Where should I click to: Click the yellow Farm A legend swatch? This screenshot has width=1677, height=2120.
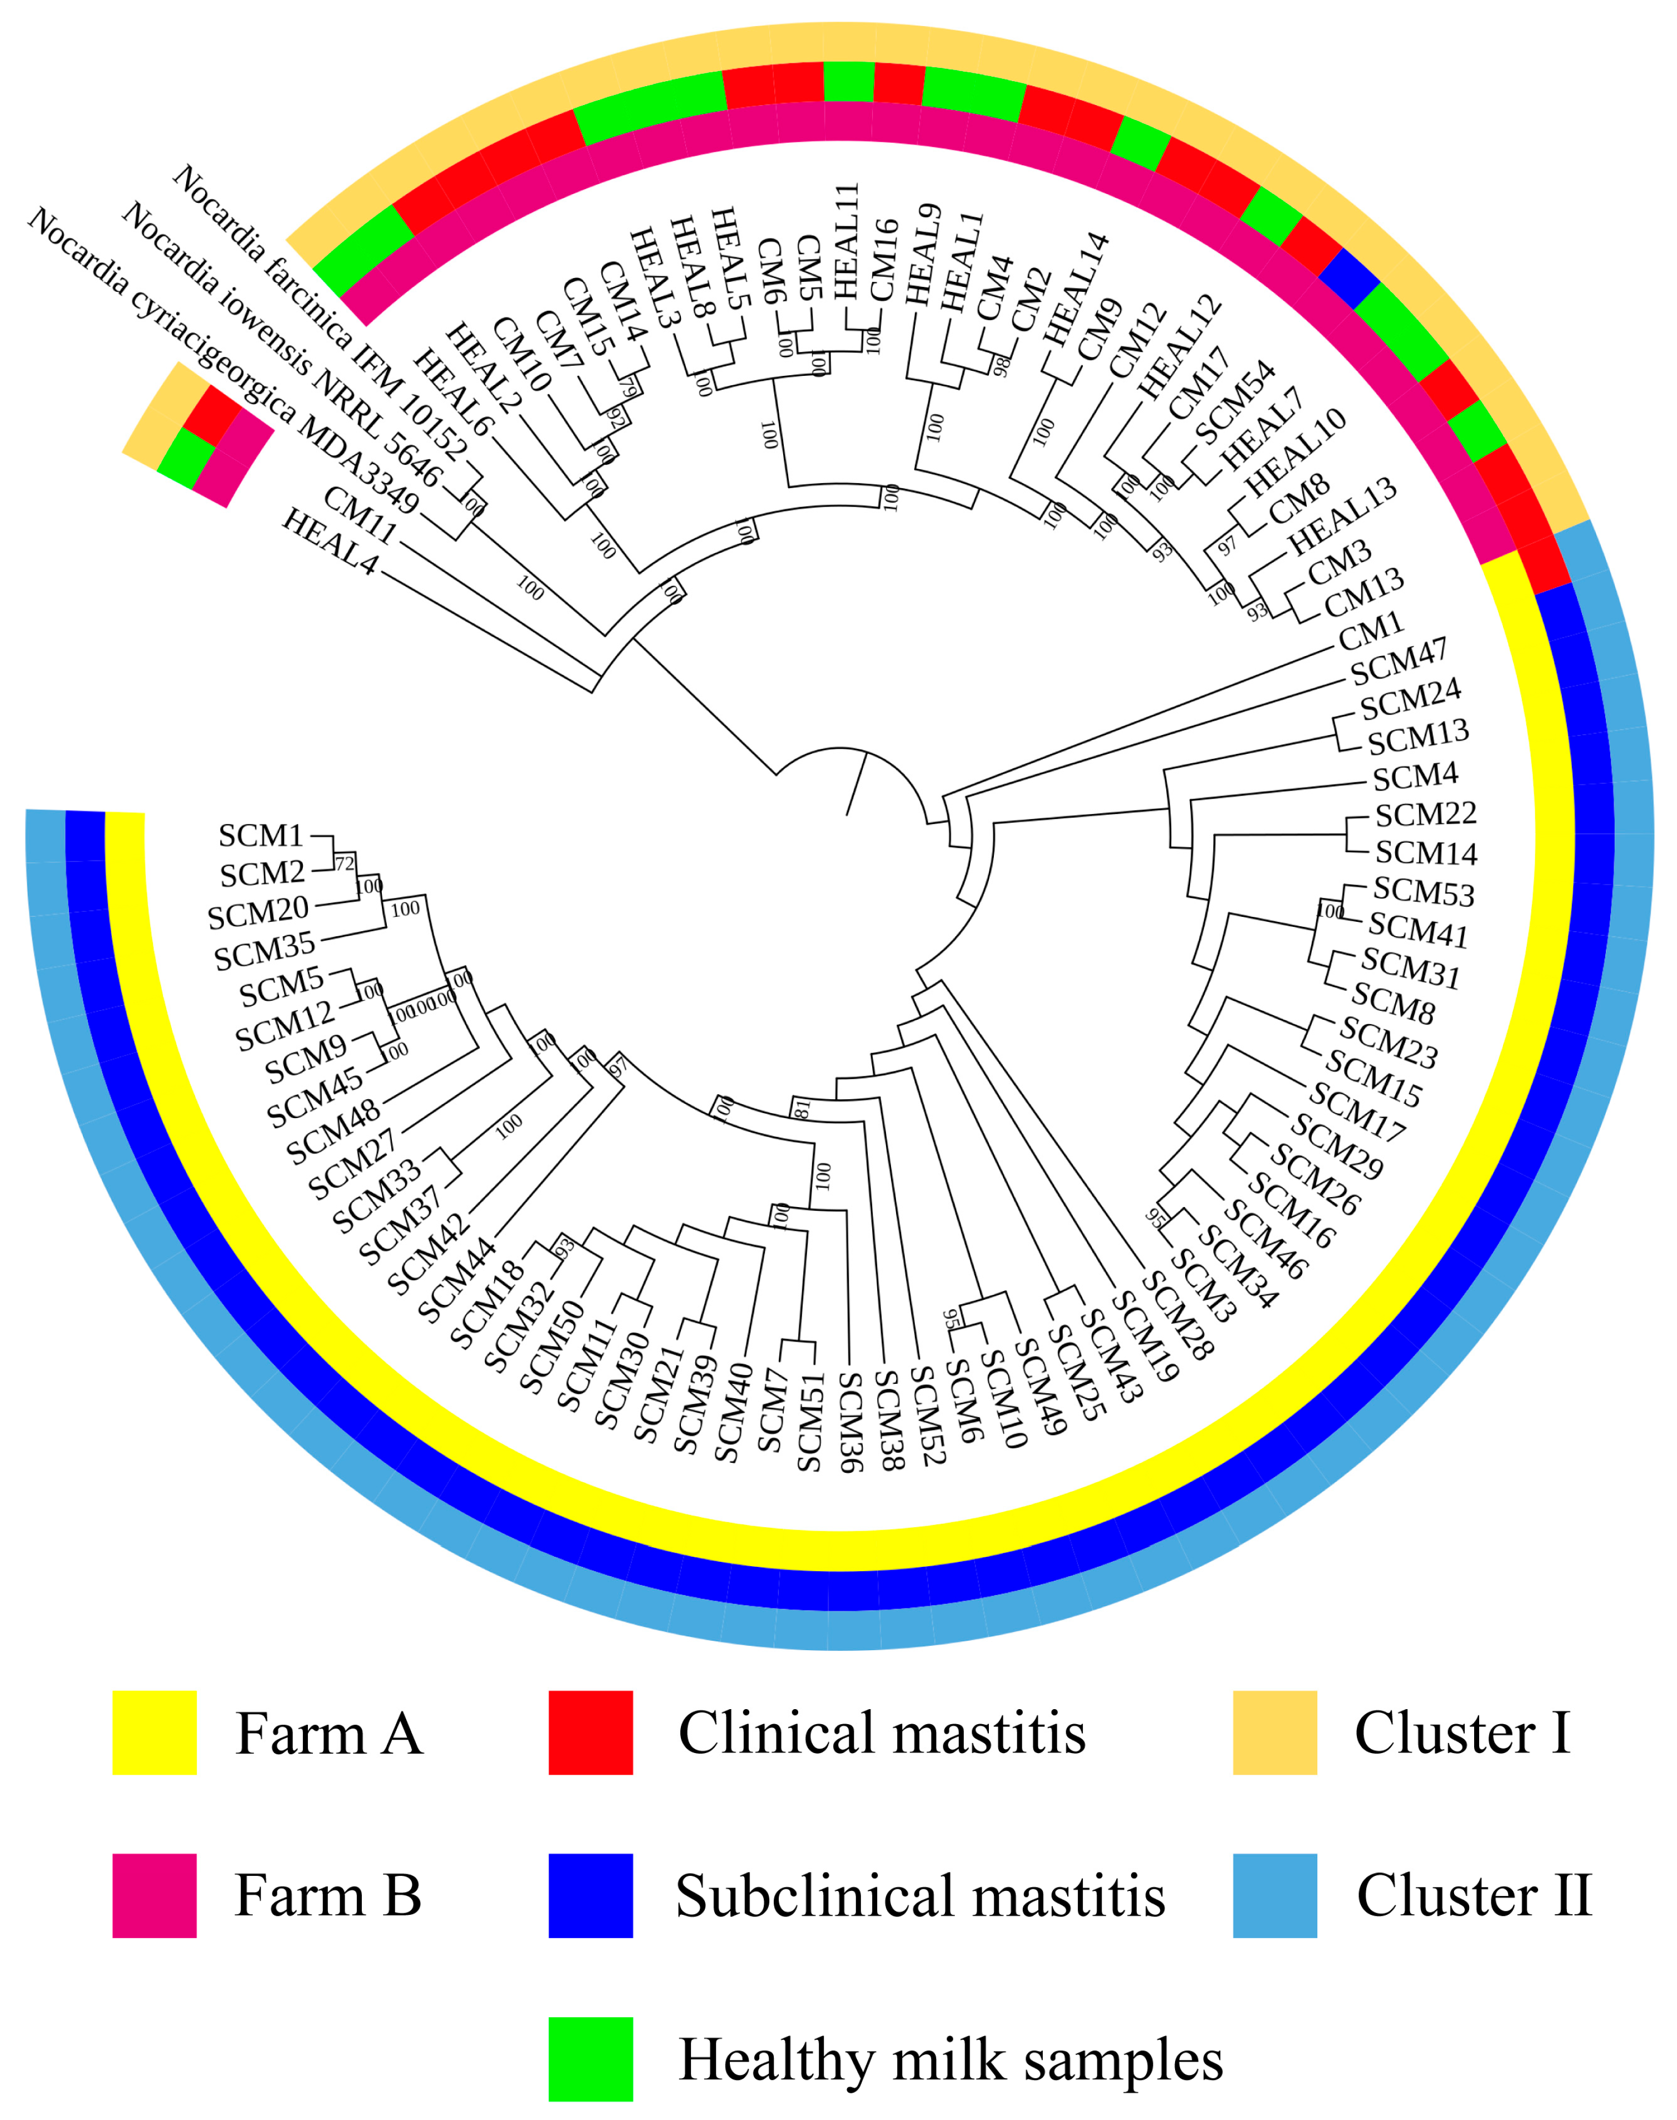pos(154,1733)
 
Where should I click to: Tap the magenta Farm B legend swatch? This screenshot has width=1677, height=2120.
pos(154,1896)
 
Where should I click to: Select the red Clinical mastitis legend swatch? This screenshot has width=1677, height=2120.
pos(590,1733)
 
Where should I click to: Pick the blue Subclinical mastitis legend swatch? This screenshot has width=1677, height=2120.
pos(590,1896)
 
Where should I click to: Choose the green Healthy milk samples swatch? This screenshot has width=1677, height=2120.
pos(590,2059)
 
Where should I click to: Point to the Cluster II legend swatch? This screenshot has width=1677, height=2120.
pos(1275,1896)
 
